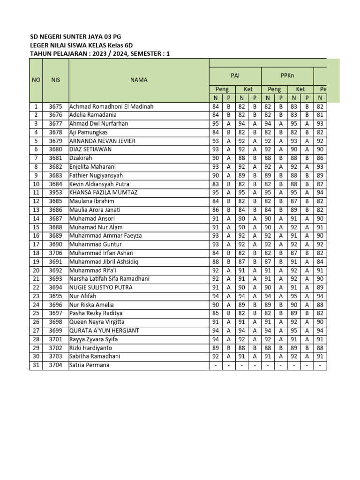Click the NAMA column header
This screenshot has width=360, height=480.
pos(138,80)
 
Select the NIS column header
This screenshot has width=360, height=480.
pos(56,80)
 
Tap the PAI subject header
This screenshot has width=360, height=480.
pos(235,75)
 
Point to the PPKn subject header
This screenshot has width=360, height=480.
pos(287,75)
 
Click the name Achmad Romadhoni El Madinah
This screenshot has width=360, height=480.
pos(112,106)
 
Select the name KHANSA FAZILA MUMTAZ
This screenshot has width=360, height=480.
pos(105,193)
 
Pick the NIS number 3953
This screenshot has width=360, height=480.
pos(56,193)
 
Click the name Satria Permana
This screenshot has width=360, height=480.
pos(90,365)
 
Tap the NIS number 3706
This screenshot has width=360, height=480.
pos(56,253)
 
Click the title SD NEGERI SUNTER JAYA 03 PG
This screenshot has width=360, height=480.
pos(78,37)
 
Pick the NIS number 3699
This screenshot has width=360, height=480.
pos(56,330)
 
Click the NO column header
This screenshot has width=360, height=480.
pos(36,80)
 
